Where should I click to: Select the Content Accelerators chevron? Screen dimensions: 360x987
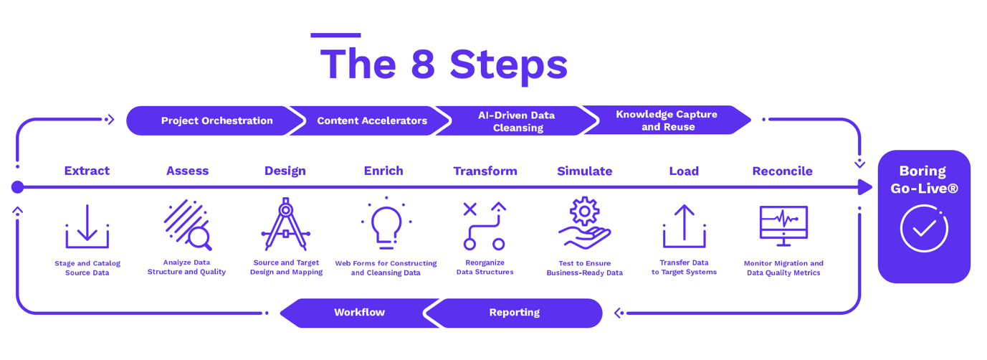coord(371,120)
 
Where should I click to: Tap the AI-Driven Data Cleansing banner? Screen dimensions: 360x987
coord(516,120)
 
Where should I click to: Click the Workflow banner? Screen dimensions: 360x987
coord(359,313)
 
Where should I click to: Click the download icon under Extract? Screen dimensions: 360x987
coord(87,226)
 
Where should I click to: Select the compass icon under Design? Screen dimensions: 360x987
coord(285,224)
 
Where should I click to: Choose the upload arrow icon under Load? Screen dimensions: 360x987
coord(685,226)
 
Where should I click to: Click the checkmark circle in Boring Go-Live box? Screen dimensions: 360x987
coord(924,229)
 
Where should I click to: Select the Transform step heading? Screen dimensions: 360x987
coord(485,171)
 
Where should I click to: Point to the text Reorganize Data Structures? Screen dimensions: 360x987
coord(485,267)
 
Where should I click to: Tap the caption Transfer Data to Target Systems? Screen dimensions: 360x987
coord(684,267)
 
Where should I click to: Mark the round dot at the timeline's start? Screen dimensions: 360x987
coord(18,187)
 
